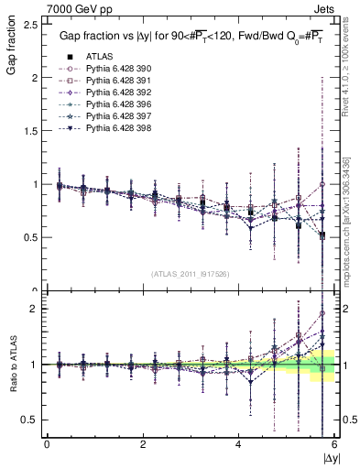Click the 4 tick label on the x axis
(238, 444)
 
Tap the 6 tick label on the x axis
(334, 444)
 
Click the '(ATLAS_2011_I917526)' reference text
(191, 273)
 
